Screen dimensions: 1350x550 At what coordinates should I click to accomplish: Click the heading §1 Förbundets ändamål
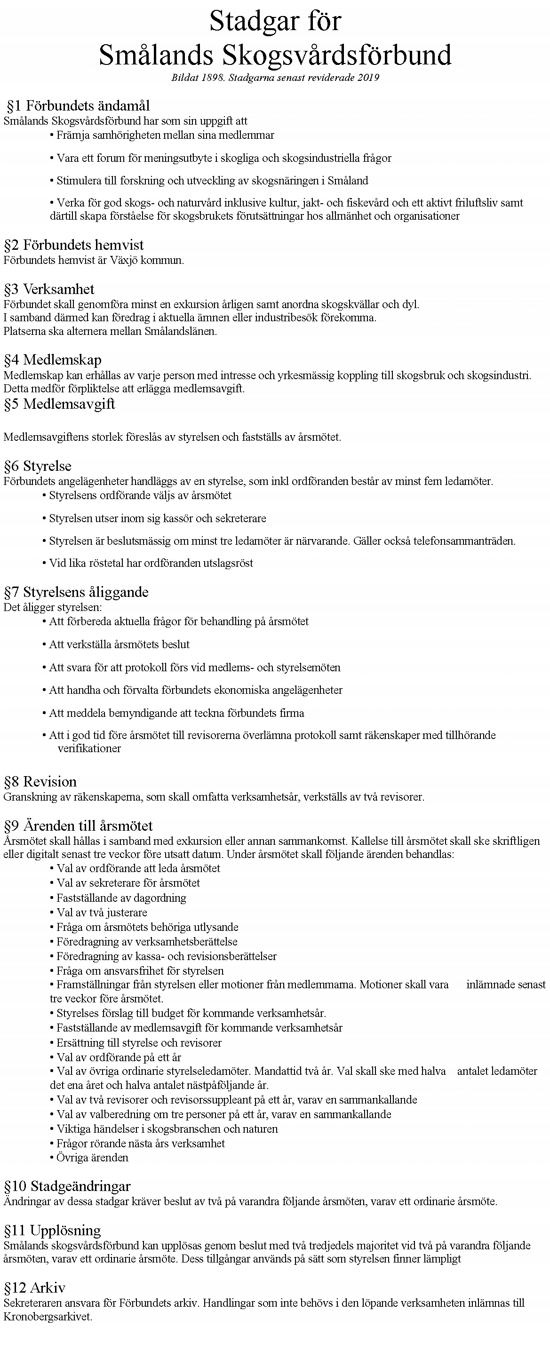coord(78,106)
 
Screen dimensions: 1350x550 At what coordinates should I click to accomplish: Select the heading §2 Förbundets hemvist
coord(74,245)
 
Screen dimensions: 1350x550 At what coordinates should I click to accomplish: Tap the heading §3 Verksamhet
coord(49,289)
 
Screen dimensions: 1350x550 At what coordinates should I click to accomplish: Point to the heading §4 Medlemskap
coord(52,360)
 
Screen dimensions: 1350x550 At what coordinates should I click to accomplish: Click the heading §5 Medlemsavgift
coord(59,404)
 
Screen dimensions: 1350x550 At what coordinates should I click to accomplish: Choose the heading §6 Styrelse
coord(38,466)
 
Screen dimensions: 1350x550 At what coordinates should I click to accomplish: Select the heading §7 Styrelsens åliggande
coord(76,592)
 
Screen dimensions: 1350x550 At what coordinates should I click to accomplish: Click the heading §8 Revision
coord(40,782)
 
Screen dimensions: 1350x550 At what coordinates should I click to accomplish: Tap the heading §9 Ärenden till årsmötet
coord(78,826)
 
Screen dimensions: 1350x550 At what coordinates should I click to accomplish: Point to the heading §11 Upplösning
coord(52,1230)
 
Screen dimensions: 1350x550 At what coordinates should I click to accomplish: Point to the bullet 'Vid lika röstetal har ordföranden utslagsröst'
coord(151,564)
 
